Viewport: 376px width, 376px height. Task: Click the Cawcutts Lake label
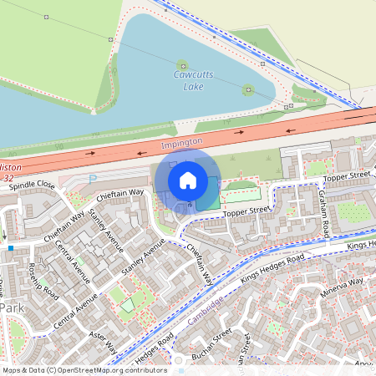[x=192, y=80]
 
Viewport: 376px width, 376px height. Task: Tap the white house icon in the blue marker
[x=188, y=180]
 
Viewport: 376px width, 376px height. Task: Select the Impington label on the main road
[x=180, y=143]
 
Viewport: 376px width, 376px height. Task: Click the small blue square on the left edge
[x=10, y=247]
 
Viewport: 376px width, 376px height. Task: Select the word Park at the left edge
[x=12, y=307]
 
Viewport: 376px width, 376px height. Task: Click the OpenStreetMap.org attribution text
[x=92, y=369]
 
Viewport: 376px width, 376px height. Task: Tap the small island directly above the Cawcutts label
[x=182, y=64]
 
